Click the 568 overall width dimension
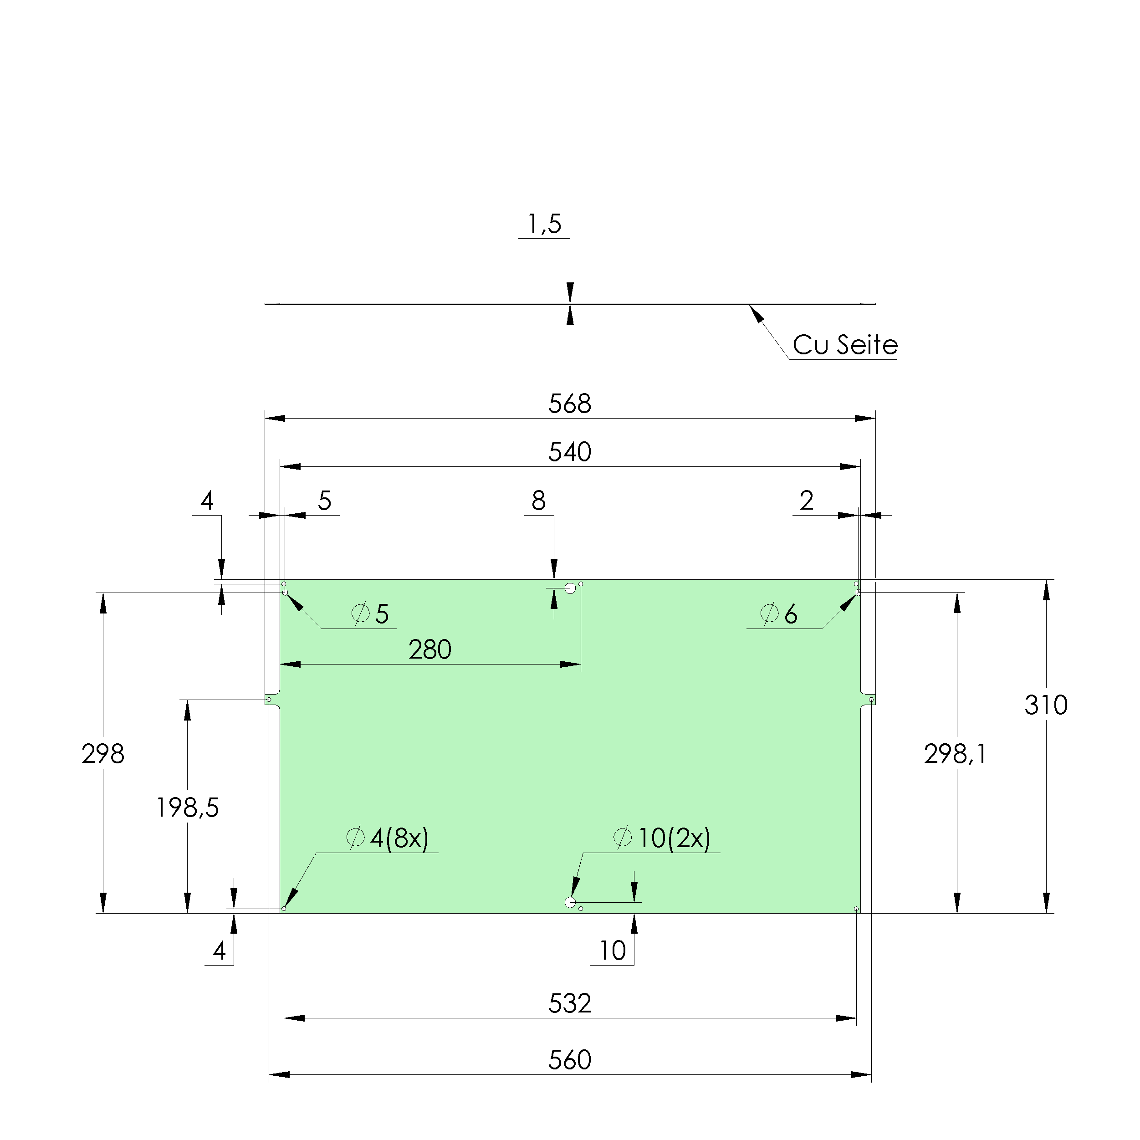(x=569, y=404)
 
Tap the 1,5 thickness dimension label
(x=544, y=224)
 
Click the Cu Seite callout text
(x=844, y=345)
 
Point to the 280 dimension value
(x=429, y=649)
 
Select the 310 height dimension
(x=1046, y=705)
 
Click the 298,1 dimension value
(x=955, y=754)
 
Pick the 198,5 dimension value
(x=187, y=807)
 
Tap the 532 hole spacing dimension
(x=569, y=1003)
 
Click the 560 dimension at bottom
(x=569, y=1060)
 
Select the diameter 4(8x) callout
(x=388, y=838)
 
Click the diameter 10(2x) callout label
(x=662, y=838)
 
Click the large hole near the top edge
(x=570, y=588)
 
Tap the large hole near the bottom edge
(x=570, y=902)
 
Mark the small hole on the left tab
(x=269, y=700)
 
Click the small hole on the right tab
(x=871, y=700)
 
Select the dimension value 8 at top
(x=538, y=501)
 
